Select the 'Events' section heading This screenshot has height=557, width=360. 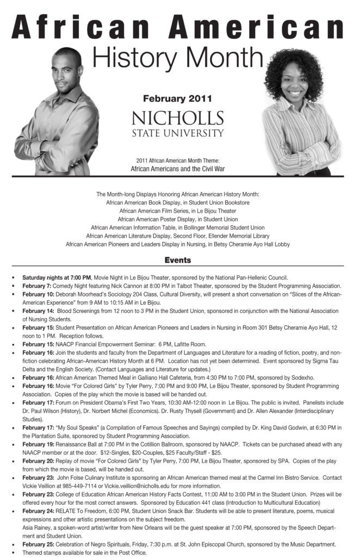[x=177, y=260]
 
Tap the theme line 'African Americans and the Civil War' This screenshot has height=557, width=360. [x=177, y=169]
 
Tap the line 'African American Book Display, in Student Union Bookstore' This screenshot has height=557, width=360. [x=177, y=202]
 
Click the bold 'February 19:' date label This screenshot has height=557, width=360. [x=38, y=444]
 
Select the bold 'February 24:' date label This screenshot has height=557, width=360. [x=38, y=512]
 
